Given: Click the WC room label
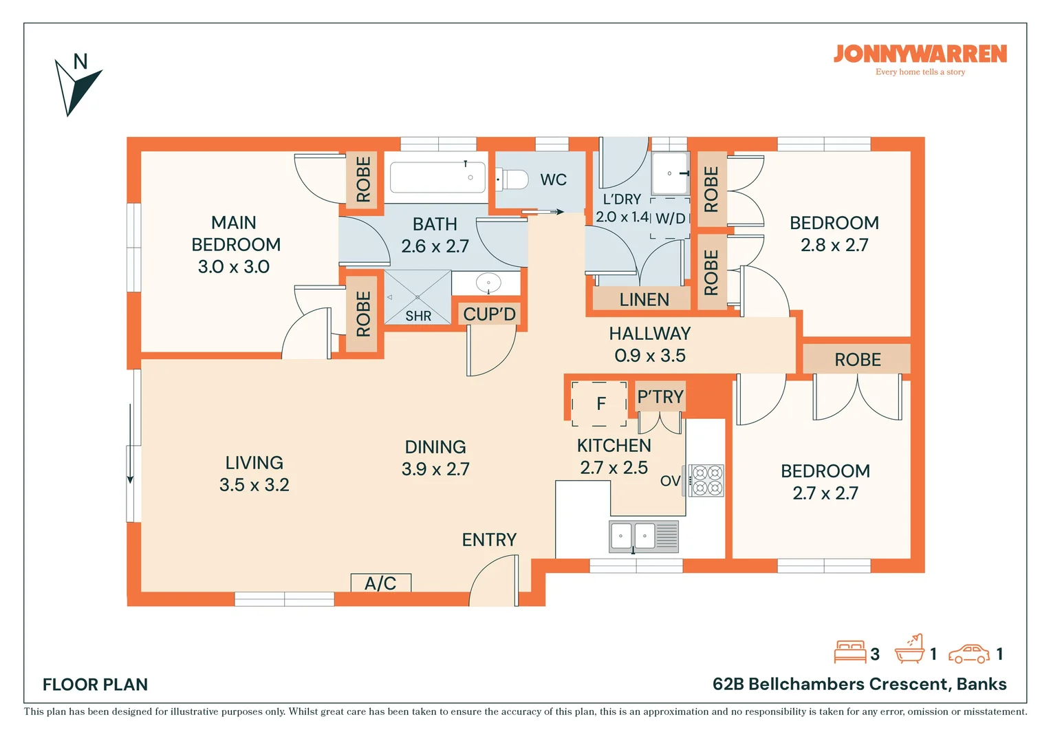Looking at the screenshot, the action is [553, 180].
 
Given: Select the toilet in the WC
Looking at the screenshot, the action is [512, 180].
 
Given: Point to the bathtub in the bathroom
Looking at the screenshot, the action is [437, 177].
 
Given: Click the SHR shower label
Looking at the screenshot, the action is [418, 316].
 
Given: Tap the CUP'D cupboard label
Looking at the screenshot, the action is [489, 314].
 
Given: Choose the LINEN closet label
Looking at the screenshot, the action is [644, 299].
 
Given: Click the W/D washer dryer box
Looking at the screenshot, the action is [670, 218].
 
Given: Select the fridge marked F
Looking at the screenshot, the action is [599, 404].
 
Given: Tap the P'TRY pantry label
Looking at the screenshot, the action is [660, 397].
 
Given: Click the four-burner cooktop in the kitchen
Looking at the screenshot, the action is [706, 481].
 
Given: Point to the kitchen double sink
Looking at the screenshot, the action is [644, 536].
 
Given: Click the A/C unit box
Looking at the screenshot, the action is [381, 583].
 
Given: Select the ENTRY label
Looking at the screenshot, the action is [489, 540].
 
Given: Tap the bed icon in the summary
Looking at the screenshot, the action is [849, 652].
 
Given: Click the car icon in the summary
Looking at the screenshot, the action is [969, 654].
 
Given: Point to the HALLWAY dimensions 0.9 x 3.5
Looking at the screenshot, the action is [650, 356].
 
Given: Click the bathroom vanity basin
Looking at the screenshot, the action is [488, 283].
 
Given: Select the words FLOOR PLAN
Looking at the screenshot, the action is [95, 685].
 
